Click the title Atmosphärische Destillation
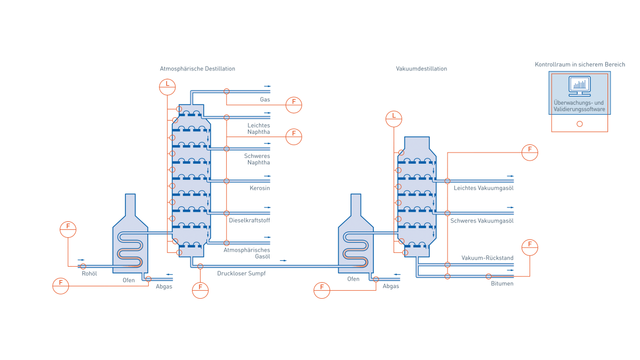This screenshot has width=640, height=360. tap(197, 69)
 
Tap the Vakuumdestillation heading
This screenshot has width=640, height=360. tap(421, 69)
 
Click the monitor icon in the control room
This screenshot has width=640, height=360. tap(579, 84)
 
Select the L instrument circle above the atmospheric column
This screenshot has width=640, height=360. tap(167, 85)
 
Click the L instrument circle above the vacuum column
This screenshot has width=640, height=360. tap(394, 118)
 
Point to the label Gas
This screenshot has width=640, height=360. tap(265, 100)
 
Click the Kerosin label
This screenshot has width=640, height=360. tap(260, 188)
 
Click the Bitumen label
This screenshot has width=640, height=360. tap(502, 284)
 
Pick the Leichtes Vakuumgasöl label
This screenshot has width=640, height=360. tap(483, 188)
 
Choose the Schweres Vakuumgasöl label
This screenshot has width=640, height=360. tap(482, 220)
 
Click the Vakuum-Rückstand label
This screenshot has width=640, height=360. tap(487, 258)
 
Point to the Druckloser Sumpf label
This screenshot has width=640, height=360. tap(241, 273)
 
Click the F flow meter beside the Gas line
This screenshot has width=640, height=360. tap(293, 105)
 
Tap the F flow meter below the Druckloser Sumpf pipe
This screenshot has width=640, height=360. tap(201, 290)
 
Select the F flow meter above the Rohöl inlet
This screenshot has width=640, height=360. tap(68, 229)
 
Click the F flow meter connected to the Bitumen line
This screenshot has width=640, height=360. tap(530, 247)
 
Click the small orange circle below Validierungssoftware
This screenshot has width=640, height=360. tap(580, 124)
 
